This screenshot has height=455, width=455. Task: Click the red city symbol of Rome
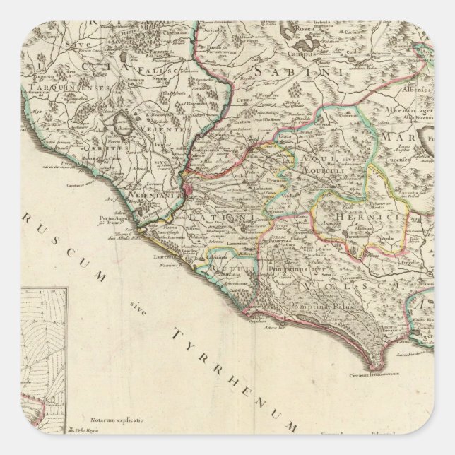coord(190,190)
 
